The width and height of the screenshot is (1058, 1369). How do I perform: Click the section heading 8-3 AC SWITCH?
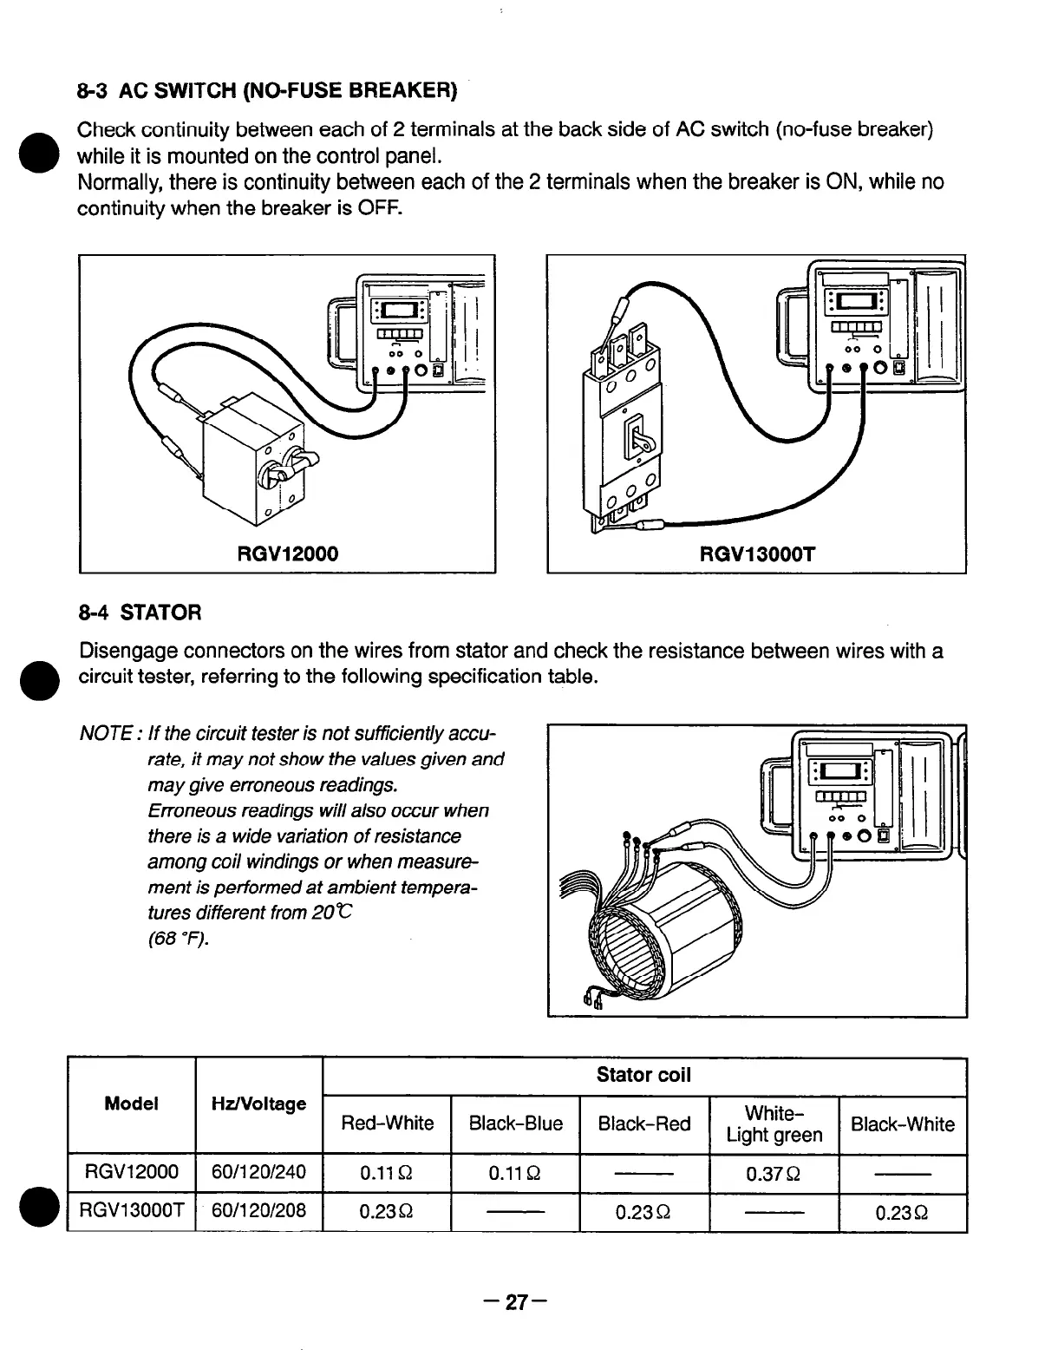coord(266,90)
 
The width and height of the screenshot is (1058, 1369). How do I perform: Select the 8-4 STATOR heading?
coord(140,613)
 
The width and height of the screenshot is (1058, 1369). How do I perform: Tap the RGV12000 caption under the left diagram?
coord(287,553)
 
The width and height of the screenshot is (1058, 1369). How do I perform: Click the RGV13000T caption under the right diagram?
coord(758,553)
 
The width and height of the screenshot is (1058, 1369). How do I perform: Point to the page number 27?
coord(517,1302)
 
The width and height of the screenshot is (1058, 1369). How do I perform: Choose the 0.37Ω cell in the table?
coord(774,1174)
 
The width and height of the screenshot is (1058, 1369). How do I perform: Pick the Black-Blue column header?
coord(515,1124)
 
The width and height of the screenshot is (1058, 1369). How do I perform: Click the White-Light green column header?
coord(774,1124)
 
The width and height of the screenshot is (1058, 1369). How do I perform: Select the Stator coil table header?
coord(643,1076)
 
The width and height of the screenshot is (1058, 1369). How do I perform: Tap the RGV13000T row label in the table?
coord(131,1211)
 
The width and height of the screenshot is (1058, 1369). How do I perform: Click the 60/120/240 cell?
coord(258,1174)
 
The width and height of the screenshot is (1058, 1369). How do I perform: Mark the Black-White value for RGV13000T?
coord(902,1212)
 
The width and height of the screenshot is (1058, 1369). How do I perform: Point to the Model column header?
coord(131,1104)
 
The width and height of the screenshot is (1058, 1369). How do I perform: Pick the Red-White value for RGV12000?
coord(387,1174)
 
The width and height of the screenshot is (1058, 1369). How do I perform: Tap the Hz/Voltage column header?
coord(258,1104)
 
